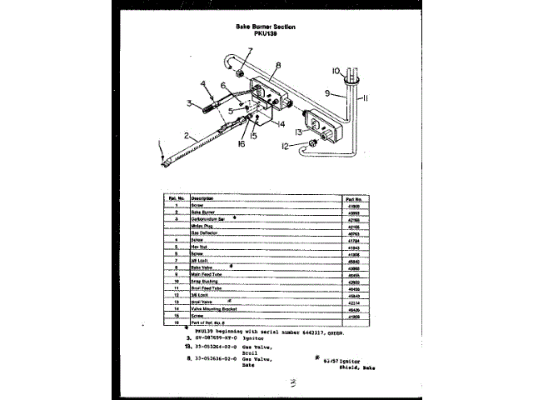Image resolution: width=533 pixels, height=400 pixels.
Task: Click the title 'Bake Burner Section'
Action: [266, 27]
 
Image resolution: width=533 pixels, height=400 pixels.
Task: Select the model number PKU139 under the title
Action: [266, 33]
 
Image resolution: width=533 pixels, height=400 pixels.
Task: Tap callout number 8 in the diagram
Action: [278, 65]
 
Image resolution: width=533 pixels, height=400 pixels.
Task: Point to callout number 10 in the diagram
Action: [336, 70]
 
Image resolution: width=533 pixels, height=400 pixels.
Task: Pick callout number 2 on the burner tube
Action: [190, 134]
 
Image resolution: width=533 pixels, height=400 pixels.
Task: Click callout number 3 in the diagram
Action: [191, 102]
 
